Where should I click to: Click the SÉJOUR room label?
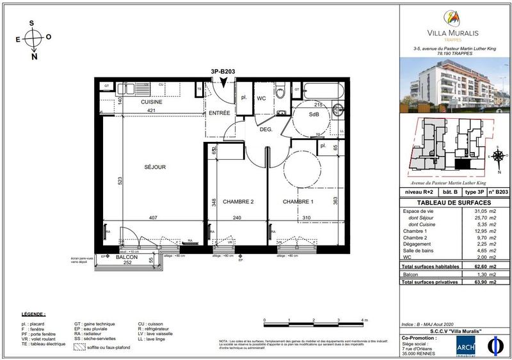pyautogui.click(x=156, y=168)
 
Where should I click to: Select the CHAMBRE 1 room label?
pyautogui.click(x=298, y=202)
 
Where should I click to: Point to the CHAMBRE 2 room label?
pyautogui.click(x=238, y=202)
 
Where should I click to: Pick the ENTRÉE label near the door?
pyautogui.click(x=219, y=113)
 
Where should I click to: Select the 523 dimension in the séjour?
pyautogui.click(x=119, y=181)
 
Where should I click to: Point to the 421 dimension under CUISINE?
pyautogui.click(x=152, y=110)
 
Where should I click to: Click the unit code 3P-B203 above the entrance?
pyautogui.click(x=221, y=72)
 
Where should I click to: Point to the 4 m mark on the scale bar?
pyautogui.click(x=362, y=319)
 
